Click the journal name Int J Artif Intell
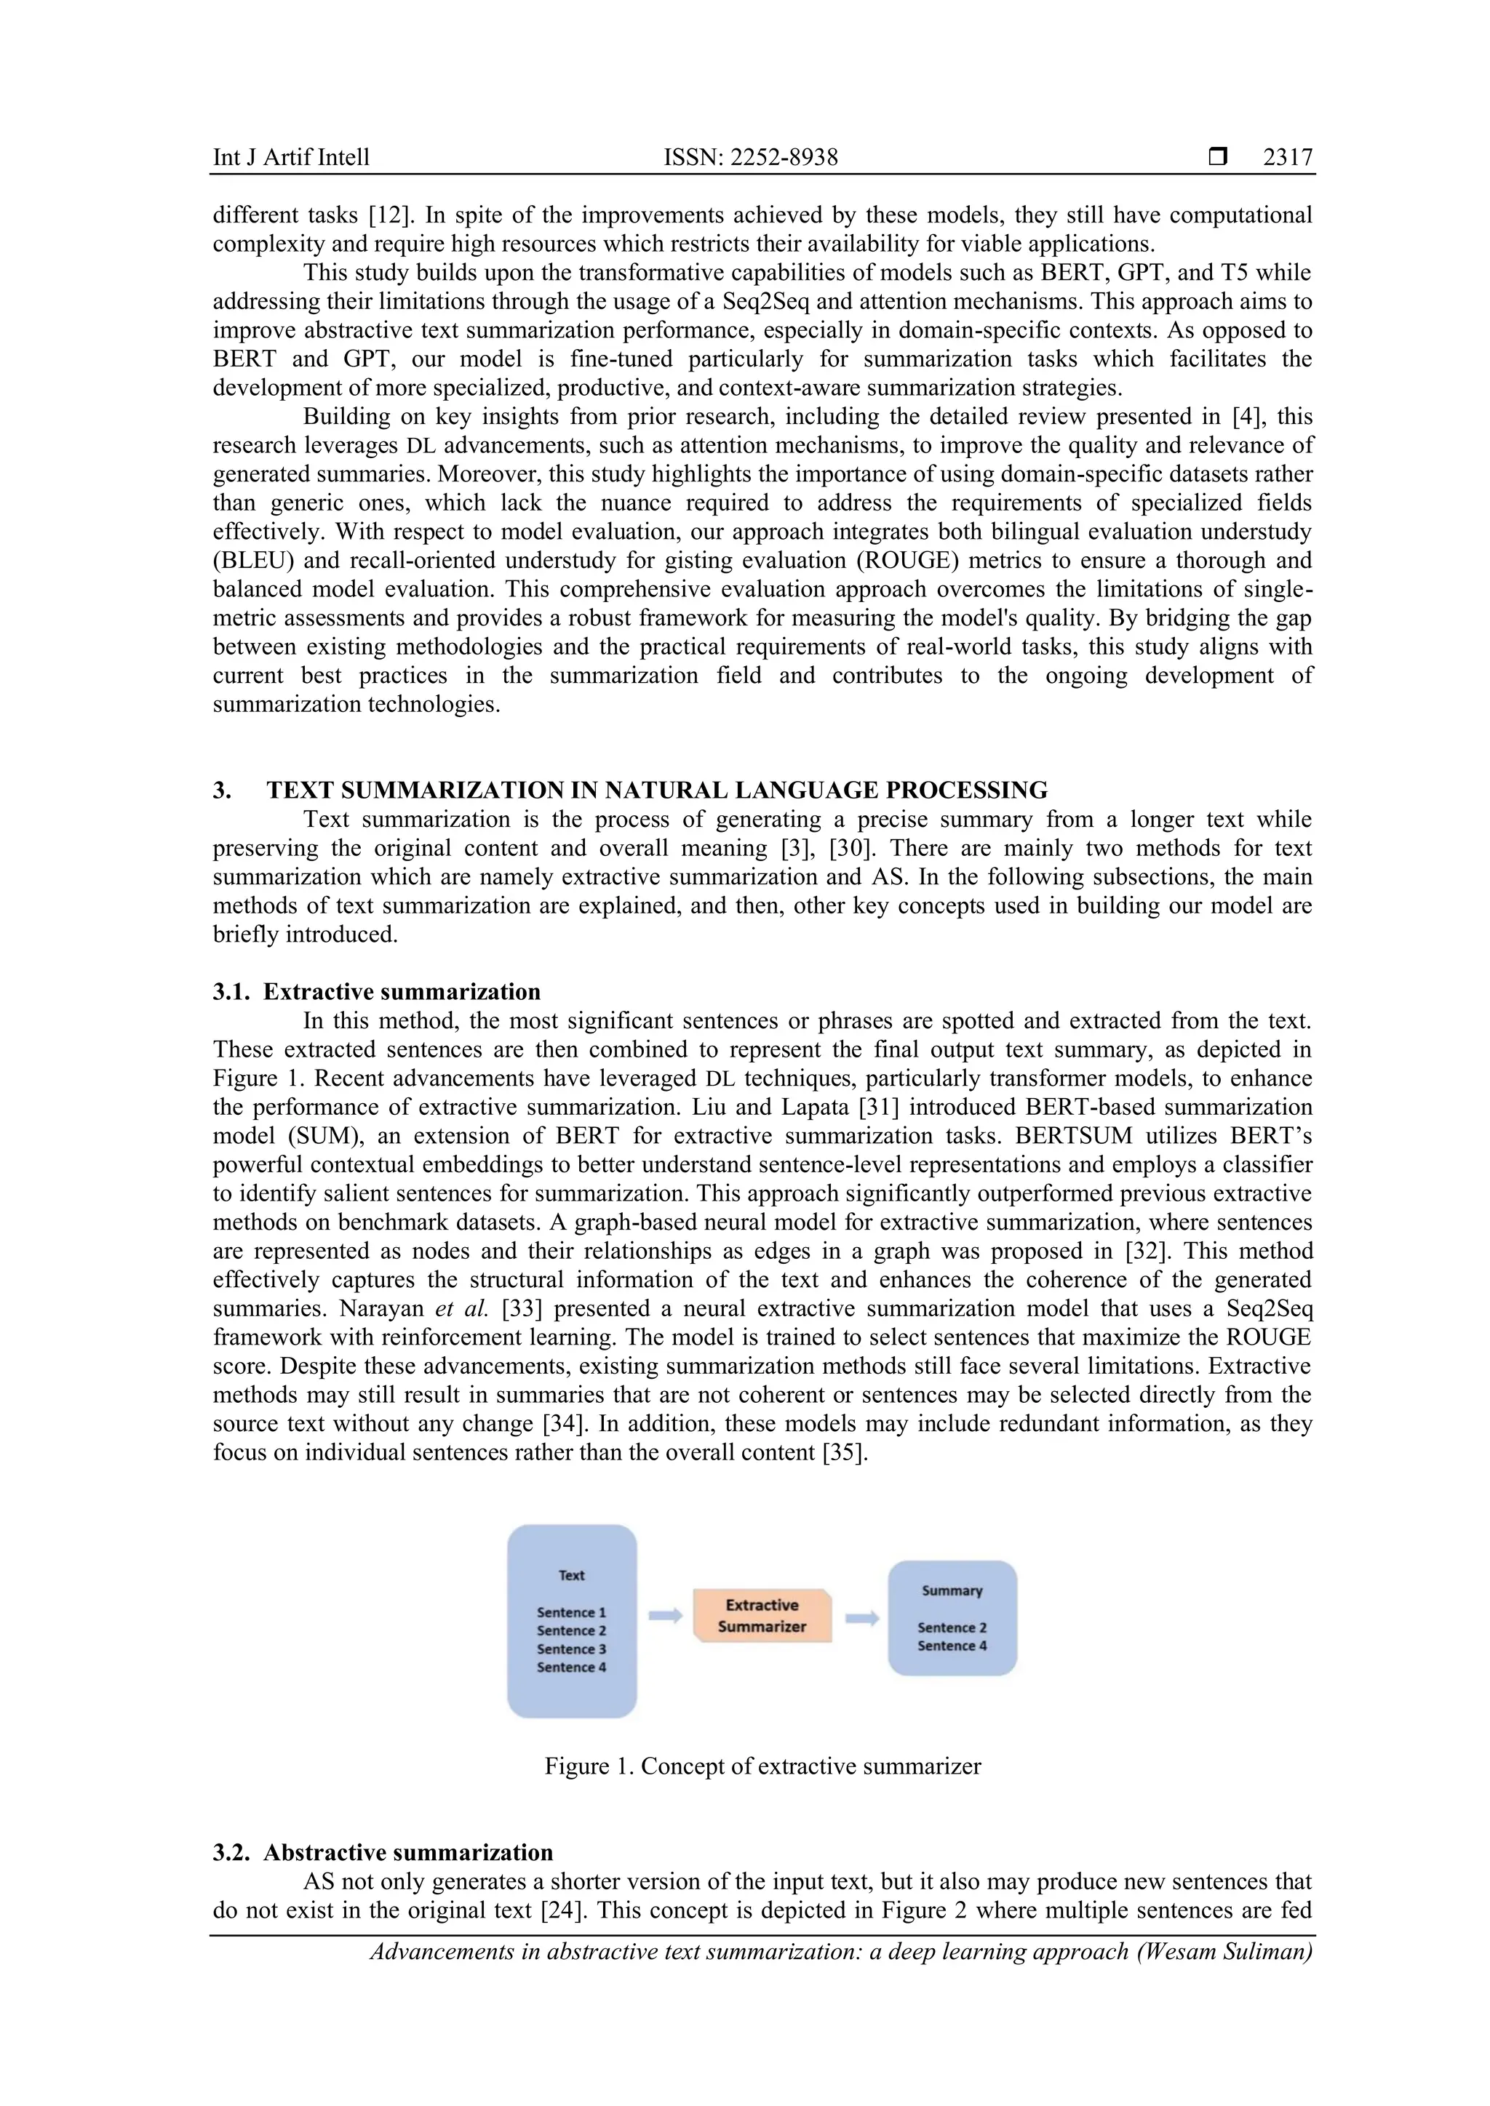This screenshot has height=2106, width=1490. pos(291,157)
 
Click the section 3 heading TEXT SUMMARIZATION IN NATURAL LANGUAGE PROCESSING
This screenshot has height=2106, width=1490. pos(656,790)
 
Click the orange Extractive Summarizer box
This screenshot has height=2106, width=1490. pos(762,1615)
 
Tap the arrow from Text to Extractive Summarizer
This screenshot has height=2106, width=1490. pos(665,1615)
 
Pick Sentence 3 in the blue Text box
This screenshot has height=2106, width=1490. pos(572,1649)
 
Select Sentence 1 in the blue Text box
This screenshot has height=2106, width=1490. pos(572,1611)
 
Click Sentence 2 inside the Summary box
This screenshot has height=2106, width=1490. pos(952,1627)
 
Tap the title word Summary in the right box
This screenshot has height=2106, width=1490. pos(952,1590)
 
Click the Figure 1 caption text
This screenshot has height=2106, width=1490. pos(762,1766)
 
